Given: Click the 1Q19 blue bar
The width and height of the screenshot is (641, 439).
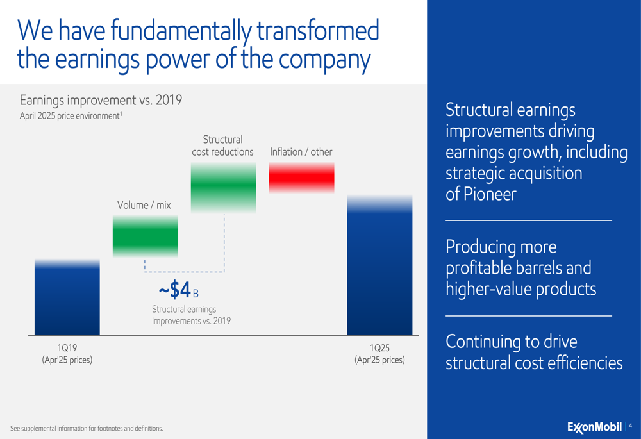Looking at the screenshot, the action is pos(67,297).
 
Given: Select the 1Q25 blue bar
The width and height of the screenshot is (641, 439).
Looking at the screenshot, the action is pos(379,265).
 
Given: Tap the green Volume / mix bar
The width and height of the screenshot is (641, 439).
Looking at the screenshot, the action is pos(146,236).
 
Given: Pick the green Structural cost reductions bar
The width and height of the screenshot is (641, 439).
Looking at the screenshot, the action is pos(224,187).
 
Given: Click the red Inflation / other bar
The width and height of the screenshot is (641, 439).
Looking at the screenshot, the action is pos(302,178).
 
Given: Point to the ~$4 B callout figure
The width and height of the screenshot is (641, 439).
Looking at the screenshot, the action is pos(179,290).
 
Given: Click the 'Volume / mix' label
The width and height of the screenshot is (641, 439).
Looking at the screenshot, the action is pos(144,205).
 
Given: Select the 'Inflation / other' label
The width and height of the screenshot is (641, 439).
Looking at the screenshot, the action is pos(301,152).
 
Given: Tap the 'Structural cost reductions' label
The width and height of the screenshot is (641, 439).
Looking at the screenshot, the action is pos(223,145).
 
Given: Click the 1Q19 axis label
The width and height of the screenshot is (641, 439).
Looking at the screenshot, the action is pos(67,354).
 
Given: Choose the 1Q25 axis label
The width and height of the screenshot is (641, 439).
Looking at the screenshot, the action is pos(379,354).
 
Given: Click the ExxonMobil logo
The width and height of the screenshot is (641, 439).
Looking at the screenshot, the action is pos(594,427).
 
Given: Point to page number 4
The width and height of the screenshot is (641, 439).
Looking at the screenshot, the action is pos(630,426).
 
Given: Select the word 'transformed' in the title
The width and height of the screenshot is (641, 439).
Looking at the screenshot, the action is pos(318,30).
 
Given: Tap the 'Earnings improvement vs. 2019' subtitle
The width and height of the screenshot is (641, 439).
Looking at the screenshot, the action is pos(101,100).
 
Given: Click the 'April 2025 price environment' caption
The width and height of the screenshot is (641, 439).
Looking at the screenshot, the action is pos(71,115).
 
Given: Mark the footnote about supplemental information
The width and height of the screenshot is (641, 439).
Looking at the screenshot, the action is pos(87,428).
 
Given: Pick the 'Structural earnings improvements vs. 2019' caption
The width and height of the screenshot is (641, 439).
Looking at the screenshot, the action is pos(191,315).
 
